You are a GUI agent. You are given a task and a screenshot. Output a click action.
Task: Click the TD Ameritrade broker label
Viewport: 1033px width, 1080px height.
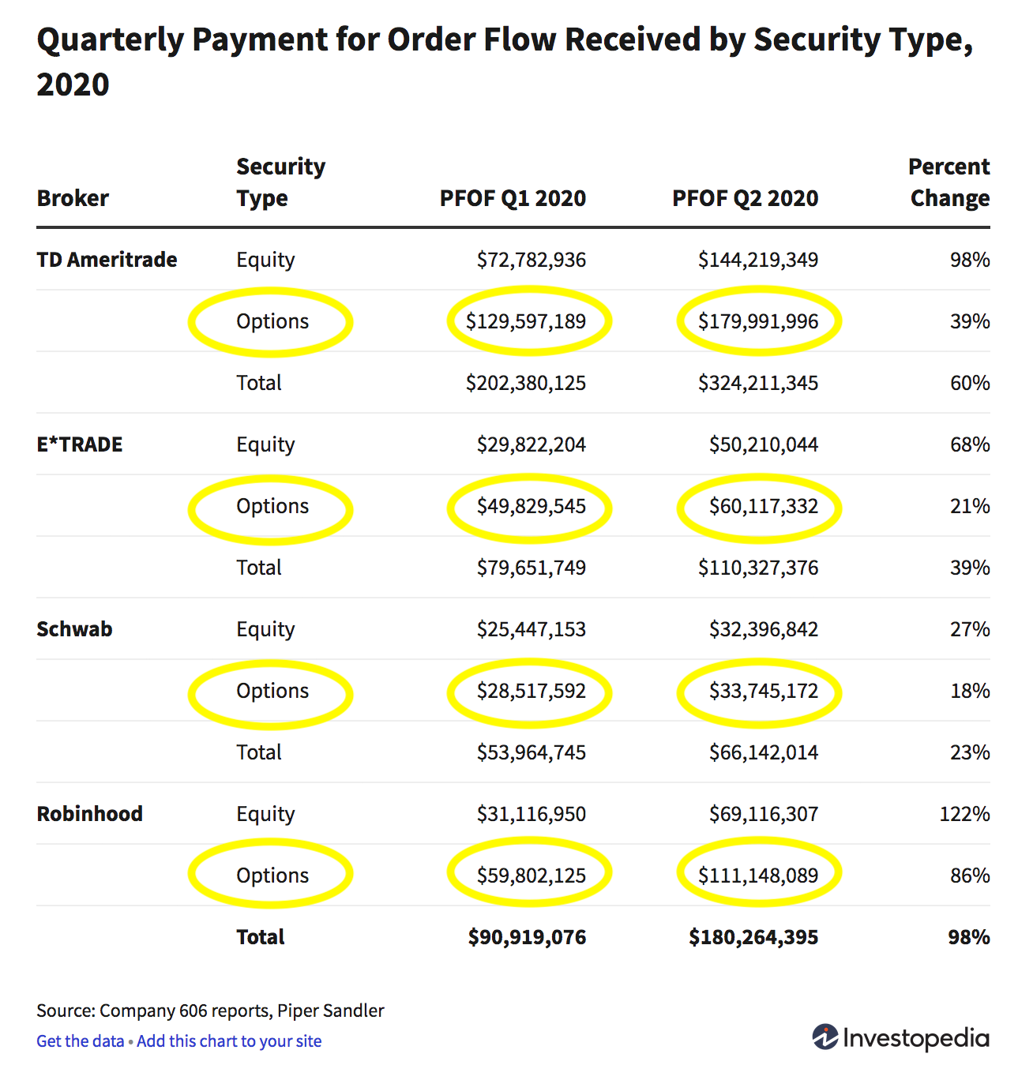point(107,260)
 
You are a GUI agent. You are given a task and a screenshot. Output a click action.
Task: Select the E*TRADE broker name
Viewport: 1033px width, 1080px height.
point(80,444)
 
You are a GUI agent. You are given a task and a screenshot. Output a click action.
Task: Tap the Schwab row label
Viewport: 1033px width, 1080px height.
point(74,629)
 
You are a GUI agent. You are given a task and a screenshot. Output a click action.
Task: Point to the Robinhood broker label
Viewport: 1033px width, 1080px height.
point(89,814)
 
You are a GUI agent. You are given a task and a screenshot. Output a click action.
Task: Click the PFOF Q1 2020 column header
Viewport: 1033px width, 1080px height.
point(513,198)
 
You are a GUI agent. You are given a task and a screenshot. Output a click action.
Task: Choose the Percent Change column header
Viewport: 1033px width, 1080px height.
point(949,182)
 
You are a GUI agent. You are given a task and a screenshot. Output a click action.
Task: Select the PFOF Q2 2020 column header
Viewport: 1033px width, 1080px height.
point(745,198)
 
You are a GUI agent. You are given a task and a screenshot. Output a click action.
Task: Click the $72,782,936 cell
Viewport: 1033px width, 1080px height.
point(531,260)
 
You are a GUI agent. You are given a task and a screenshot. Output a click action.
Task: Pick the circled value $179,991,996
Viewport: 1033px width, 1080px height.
point(758,321)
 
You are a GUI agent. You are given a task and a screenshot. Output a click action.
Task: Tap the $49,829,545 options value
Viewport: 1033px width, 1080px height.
point(531,506)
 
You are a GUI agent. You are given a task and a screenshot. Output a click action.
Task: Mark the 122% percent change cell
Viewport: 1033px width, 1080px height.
point(964,814)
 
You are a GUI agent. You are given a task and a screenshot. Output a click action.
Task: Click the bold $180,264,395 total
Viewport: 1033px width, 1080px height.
point(753,937)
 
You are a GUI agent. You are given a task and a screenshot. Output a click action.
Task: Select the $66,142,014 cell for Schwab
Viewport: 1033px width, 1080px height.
point(763,752)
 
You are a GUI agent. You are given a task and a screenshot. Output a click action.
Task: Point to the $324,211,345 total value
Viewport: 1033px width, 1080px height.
point(758,383)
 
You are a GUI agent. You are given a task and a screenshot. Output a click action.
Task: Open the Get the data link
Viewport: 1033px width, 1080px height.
point(81,1041)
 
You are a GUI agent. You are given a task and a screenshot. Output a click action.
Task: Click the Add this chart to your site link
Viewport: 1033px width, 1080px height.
point(229,1041)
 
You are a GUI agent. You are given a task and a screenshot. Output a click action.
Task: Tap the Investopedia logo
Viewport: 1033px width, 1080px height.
point(900,1037)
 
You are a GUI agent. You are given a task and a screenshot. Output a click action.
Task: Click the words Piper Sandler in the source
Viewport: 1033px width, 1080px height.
point(330,1011)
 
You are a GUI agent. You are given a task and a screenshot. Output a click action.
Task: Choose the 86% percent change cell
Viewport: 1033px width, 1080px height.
point(970,876)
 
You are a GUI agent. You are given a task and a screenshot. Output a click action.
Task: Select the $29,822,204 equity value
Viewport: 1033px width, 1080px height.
point(531,444)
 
